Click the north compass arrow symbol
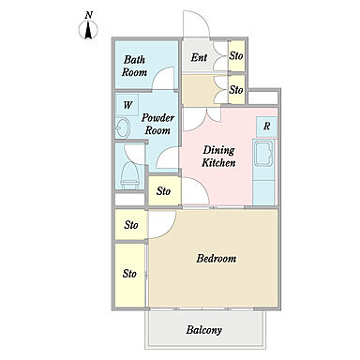click(88, 30)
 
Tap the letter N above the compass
click(89, 15)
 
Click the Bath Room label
click(134, 66)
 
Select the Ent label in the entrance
click(199, 57)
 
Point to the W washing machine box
click(127, 105)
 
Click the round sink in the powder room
click(123, 127)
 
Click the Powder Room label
click(157, 124)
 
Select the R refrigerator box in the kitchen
click(266, 127)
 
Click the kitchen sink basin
click(263, 154)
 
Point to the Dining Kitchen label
click(218, 157)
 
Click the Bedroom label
click(217, 259)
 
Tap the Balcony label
click(204, 330)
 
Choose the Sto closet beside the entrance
click(236, 56)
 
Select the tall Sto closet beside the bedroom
click(129, 275)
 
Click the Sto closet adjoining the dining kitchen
click(164, 190)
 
